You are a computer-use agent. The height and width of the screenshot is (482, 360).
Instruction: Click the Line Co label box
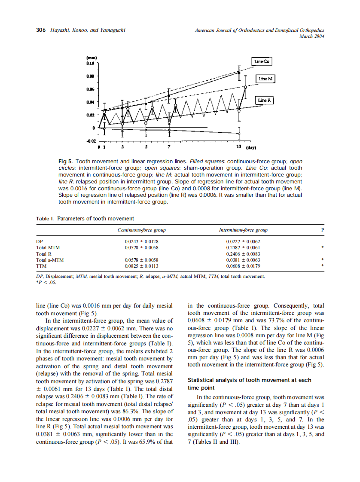pyautogui.click(x=262, y=61)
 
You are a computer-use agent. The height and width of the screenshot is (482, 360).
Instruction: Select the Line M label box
pyautogui.click(x=266, y=79)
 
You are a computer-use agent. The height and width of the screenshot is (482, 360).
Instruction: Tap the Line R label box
pyautogui.click(x=265, y=100)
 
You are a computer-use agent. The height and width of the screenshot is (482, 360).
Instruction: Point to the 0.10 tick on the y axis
pyautogui.click(x=91, y=63)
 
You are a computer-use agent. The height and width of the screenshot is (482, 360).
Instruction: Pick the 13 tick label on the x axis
pyautogui.click(x=239, y=147)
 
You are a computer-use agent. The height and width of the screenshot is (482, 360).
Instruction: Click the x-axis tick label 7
pyautogui.click(x=169, y=147)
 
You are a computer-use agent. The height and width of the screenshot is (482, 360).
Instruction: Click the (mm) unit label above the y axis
pyautogui.click(x=92, y=58)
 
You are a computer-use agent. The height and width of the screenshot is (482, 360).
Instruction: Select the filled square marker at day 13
pyautogui.click(x=239, y=73)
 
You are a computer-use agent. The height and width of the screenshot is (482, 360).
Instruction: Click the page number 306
pyautogui.click(x=41, y=30)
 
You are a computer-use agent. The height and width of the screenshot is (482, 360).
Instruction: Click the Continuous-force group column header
pyautogui.click(x=141, y=230)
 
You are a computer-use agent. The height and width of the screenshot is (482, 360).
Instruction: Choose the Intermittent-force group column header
pyautogui.click(x=243, y=230)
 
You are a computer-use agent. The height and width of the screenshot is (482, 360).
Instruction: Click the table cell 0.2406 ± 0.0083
pyautogui.click(x=243, y=254)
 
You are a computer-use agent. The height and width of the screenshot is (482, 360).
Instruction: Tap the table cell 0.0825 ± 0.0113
pyautogui.click(x=141, y=266)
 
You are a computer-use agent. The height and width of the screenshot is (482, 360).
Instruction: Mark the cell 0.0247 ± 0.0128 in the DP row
pyautogui.click(x=141, y=241)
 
